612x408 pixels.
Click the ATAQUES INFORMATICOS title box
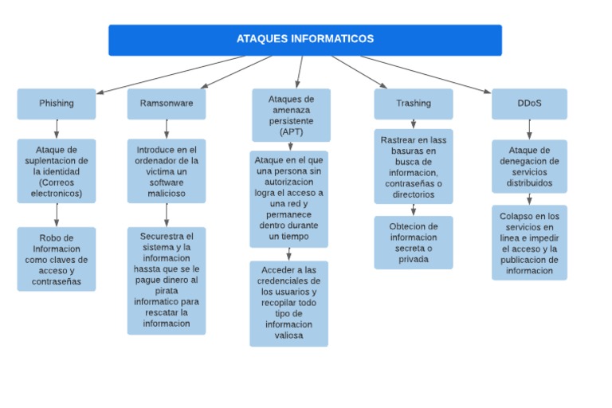[x=304, y=39]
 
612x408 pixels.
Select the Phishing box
[x=56, y=103]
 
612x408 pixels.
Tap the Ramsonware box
[x=166, y=103]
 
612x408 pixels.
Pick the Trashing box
[x=413, y=103]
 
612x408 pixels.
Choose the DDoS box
[x=529, y=103]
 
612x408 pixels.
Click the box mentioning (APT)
[x=291, y=115]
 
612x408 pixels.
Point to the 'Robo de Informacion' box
[x=56, y=259]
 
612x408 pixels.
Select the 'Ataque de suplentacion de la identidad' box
[x=56, y=171]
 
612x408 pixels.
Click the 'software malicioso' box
[x=166, y=171]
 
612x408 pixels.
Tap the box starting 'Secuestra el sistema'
[x=166, y=280]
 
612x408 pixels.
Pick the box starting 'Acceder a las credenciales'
[x=288, y=303]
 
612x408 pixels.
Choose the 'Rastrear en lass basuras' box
[x=413, y=166]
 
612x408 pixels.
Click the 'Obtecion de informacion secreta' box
[x=413, y=242]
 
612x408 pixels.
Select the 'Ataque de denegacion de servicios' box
[x=529, y=166]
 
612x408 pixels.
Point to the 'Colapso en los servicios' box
[x=529, y=242]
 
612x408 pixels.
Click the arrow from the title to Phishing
[x=171, y=74]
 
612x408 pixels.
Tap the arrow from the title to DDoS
[x=426, y=74]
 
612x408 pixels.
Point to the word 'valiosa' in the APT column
[x=288, y=335]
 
